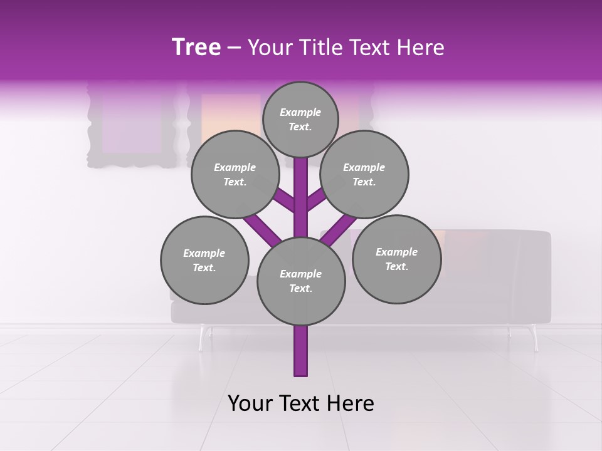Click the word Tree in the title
pos(196,48)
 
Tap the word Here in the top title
pos(421,48)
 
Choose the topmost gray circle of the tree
pos(300,119)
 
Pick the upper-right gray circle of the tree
pos(364,174)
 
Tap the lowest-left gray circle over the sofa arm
pos(204,260)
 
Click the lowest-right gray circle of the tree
pos(396,259)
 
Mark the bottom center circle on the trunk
pos(301,281)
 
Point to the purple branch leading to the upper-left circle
pos(283,200)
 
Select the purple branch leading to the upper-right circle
pos(317,200)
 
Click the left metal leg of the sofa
pos(201,338)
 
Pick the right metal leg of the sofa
pos(535,338)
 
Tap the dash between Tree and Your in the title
pos(235,48)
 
